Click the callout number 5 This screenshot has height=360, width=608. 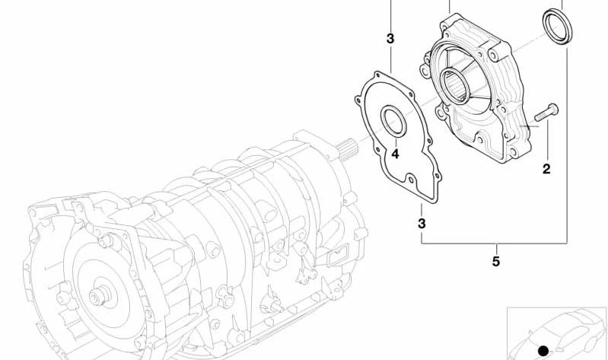point(496,261)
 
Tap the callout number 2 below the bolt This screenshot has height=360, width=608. point(546,169)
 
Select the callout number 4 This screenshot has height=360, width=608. point(395,154)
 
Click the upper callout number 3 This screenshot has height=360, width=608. point(390,39)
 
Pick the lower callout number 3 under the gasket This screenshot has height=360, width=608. point(422,224)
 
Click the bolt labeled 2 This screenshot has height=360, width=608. point(546,112)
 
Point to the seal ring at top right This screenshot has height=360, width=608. point(558,27)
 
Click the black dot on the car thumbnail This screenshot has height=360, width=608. point(543,351)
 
